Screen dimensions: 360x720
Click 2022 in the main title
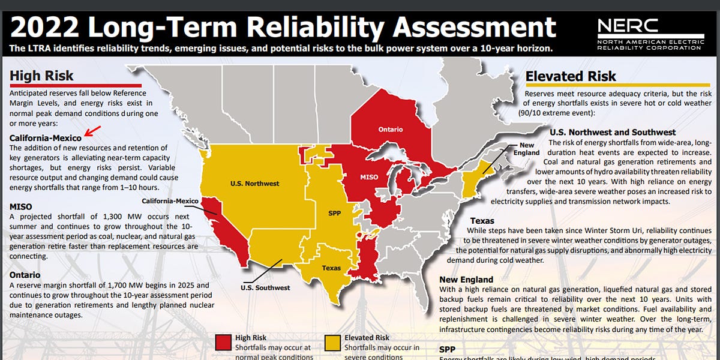tap(47, 27)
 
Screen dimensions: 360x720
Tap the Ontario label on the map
tap(390, 129)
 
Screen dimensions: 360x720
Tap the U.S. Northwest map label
tap(255, 183)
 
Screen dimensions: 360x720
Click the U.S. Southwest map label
tap(265, 287)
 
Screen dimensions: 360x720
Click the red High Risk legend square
tap(223, 343)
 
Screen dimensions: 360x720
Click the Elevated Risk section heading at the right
tap(571, 76)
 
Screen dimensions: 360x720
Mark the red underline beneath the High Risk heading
tap(67, 85)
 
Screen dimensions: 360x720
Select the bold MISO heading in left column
tap(20, 206)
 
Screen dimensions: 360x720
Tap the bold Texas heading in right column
tap(482, 221)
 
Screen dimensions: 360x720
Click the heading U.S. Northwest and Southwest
tap(613, 132)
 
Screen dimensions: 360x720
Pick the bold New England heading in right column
tap(466, 280)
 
